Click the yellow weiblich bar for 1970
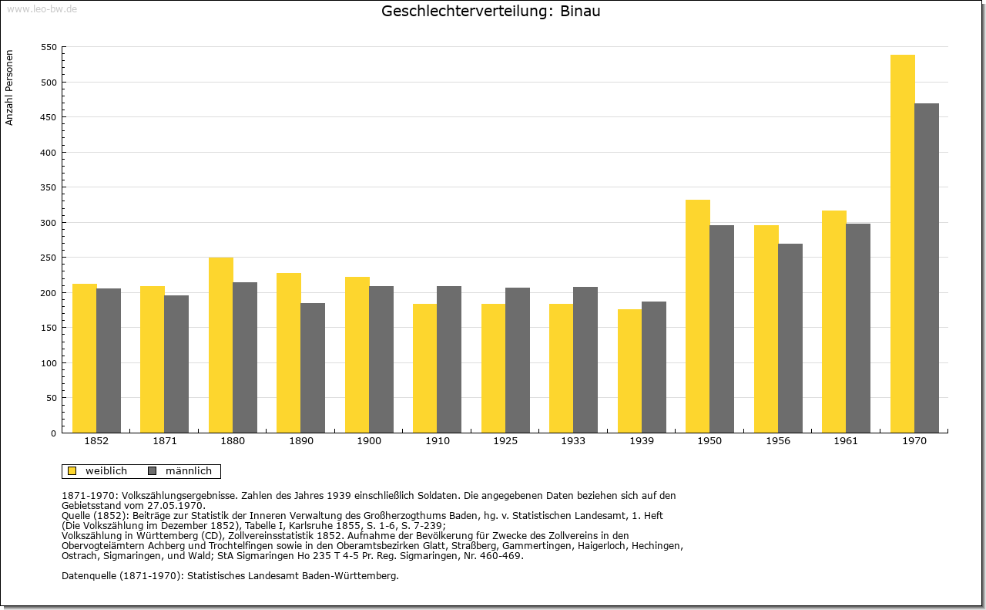(902, 244)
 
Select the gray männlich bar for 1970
(927, 268)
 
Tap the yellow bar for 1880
(221, 345)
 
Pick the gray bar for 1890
(313, 368)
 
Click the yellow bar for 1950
(698, 316)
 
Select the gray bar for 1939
(654, 367)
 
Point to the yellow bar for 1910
(424, 369)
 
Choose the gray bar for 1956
(790, 339)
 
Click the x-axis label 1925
(505, 441)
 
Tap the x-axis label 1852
(96, 441)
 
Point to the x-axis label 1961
(846, 441)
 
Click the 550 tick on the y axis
(49, 47)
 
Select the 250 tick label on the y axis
(49, 258)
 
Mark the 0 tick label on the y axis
(54, 433)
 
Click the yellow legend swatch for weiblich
(72, 471)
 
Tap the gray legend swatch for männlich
(153, 471)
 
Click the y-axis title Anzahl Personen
(9, 88)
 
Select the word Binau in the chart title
(580, 11)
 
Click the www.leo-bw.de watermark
(42, 9)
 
